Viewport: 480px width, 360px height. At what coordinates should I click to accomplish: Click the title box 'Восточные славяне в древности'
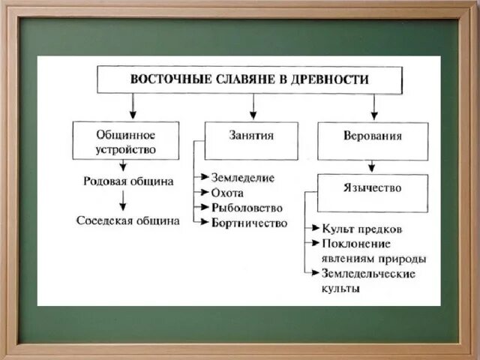click(x=250, y=79)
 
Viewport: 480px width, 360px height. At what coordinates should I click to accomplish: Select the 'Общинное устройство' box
click(x=126, y=141)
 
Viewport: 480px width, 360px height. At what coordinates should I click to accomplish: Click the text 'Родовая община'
click(x=128, y=181)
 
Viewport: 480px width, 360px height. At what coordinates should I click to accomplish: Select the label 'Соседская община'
click(x=128, y=220)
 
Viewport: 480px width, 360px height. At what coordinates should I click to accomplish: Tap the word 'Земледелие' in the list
click(x=244, y=178)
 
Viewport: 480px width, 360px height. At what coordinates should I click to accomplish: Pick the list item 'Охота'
click(x=228, y=193)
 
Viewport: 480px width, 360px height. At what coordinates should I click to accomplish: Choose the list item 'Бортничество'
click(x=250, y=223)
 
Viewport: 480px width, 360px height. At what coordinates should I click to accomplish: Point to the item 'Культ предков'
click(x=361, y=228)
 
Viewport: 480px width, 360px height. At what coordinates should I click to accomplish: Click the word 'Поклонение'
click(x=356, y=243)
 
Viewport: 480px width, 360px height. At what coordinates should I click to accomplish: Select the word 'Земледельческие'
click(x=368, y=273)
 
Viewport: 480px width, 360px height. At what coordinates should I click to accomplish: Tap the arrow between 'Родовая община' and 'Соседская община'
click(x=122, y=201)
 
